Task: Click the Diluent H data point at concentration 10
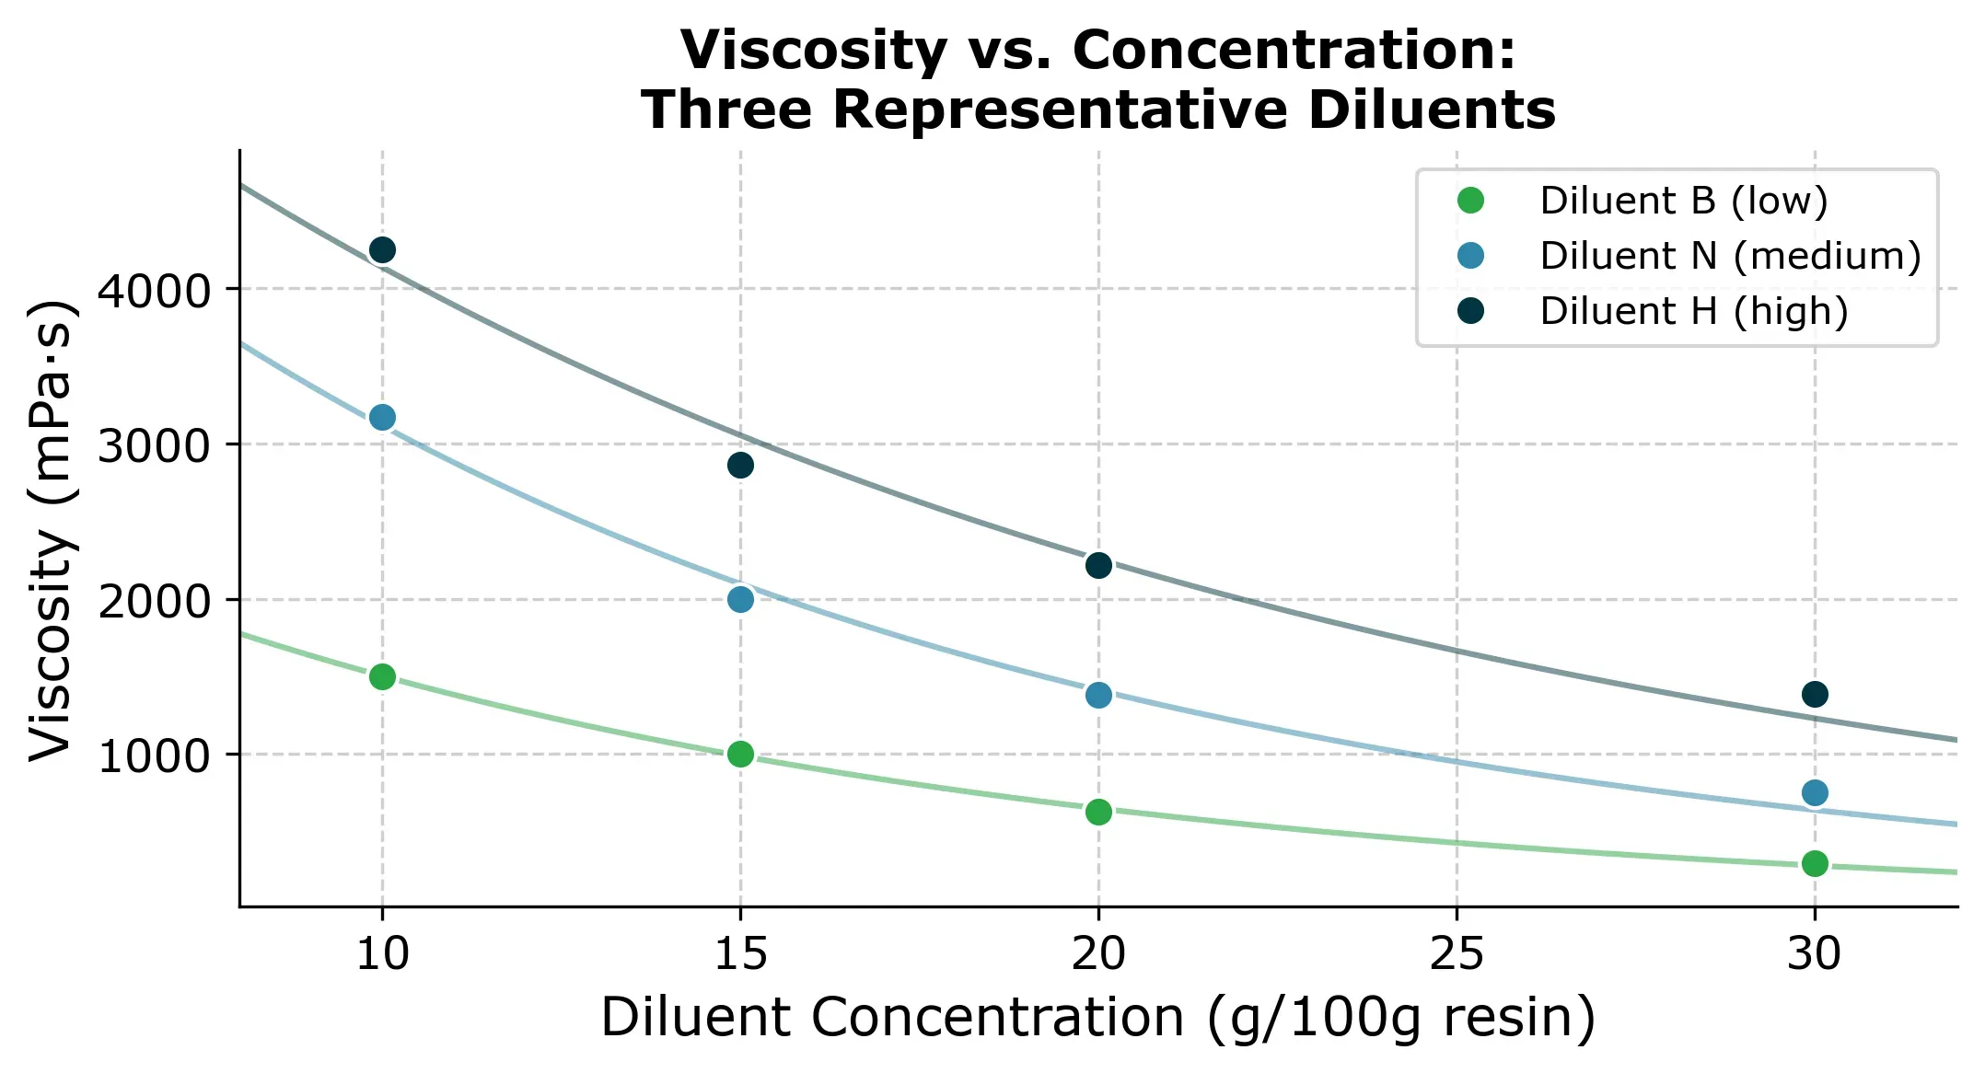point(382,249)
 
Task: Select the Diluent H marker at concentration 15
point(740,465)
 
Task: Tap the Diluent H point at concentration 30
point(1815,694)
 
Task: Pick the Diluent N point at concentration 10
point(382,417)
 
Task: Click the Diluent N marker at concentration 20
point(1098,695)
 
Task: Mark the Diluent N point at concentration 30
point(1815,792)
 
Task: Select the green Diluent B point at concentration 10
point(382,676)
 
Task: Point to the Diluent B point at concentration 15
point(740,755)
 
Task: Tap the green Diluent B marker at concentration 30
point(1815,863)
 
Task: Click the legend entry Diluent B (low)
point(1682,201)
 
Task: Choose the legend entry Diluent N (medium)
point(1729,256)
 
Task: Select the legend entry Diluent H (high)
point(1693,311)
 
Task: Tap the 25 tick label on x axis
point(1456,954)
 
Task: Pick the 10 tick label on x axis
point(382,954)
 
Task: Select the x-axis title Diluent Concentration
point(1097,1018)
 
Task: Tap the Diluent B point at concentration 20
point(1098,812)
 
